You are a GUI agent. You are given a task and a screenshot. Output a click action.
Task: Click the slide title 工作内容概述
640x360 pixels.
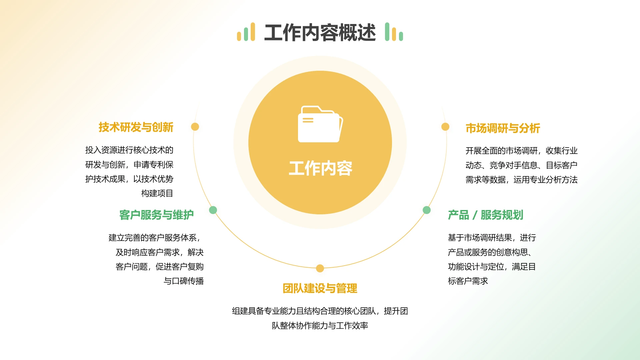click(320, 33)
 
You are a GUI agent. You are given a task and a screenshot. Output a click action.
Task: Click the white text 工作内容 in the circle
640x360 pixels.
click(320, 168)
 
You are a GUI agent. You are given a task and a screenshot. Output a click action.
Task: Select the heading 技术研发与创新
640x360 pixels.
click(136, 127)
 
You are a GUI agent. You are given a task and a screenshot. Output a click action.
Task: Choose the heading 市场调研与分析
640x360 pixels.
click(503, 128)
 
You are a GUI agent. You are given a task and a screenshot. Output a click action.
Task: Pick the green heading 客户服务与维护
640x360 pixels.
click(156, 215)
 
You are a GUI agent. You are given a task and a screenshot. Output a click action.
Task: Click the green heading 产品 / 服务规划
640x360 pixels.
click(485, 215)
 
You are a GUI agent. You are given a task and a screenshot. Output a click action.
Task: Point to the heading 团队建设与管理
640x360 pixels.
click(320, 288)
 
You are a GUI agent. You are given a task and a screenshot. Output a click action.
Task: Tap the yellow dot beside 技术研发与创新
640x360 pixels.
click(195, 127)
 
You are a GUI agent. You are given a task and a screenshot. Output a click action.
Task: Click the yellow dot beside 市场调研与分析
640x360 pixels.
click(445, 127)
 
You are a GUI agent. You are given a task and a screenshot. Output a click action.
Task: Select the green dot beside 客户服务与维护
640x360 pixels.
click(213, 210)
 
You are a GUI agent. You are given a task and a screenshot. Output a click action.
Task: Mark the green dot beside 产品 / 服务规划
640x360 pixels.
click(427, 210)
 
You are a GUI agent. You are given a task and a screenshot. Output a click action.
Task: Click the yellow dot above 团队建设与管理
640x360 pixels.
click(320, 268)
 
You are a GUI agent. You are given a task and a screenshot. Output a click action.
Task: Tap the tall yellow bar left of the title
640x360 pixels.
click(253, 32)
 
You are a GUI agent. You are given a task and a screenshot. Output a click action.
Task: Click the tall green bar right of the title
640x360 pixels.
click(387, 32)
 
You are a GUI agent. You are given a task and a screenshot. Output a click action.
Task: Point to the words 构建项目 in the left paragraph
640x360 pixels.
click(157, 193)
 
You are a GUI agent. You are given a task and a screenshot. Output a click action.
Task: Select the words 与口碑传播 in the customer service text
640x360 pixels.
click(184, 281)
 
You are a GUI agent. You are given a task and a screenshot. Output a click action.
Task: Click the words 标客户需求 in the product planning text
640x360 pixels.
click(468, 281)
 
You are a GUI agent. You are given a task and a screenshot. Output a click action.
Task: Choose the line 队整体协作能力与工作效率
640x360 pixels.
click(320, 326)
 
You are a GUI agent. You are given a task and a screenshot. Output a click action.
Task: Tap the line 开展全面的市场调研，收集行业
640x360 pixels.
click(521, 151)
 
